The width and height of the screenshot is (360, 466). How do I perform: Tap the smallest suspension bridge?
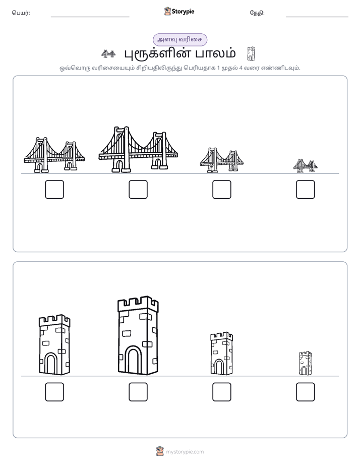pyautogui.click(x=306, y=166)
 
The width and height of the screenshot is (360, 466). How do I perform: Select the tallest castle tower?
pyautogui.click(x=138, y=335)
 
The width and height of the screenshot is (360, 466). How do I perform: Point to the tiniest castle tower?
pyautogui.click(x=306, y=363)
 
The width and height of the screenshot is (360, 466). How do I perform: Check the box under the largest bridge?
pyautogui.click(x=138, y=189)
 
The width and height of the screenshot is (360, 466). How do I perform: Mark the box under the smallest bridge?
pyautogui.click(x=306, y=189)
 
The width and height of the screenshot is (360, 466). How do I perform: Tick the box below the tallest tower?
pyautogui.click(x=138, y=392)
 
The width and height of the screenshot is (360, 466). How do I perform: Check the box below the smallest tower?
pyautogui.click(x=306, y=392)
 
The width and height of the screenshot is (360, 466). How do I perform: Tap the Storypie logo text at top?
pyautogui.click(x=183, y=12)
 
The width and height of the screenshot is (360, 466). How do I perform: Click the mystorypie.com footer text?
pyautogui.click(x=185, y=452)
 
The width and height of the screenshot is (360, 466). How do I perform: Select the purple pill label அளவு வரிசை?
pyautogui.click(x=180, y=39)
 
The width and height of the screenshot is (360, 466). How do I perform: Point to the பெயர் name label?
pyautogui.click(x=21, y=13)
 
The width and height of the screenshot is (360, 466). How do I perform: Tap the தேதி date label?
pyautogui.click(x=257, y=13)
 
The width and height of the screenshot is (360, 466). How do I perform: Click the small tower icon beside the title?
pyautogui.click(x=251, y=54)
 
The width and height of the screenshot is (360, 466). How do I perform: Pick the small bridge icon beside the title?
pyautogui.click(x=108, y=54)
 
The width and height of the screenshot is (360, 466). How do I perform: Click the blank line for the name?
pyautogui.click(x=90, y=17)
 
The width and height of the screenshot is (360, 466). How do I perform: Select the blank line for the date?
pyautogui.click(x=317, y=17)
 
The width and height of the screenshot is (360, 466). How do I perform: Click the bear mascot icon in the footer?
pyautogui.click(x=160, y=451)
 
